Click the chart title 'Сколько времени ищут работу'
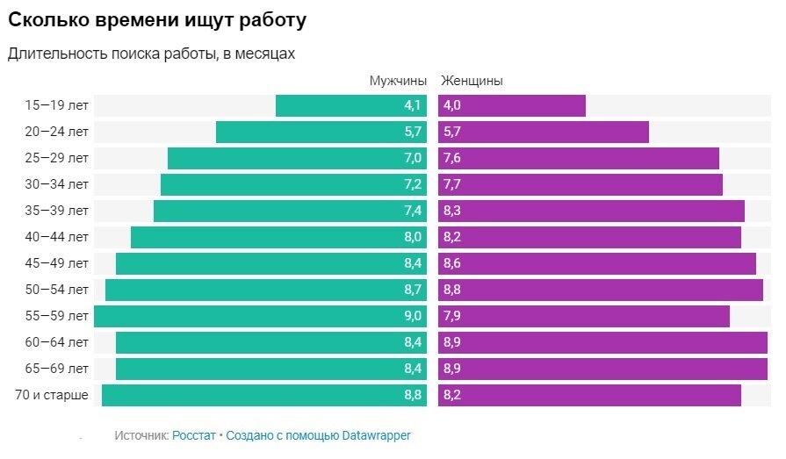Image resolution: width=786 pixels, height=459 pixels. coord(158,18)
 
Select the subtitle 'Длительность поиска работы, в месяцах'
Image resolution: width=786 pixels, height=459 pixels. coord(151,54)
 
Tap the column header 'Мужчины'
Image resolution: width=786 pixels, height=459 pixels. coord(398,81)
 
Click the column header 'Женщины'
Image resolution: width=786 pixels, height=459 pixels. coord(472,81)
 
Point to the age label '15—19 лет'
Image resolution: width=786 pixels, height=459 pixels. coord(57,105)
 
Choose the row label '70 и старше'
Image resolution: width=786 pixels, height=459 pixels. coord(52,395)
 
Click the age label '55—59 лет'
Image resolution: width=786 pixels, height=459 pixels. coord(57,316)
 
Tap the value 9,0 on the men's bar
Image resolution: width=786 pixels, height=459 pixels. coord(413,316)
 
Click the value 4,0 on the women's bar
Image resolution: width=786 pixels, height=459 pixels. coord(452,105)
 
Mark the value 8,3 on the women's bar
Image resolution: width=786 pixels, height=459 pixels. coord(452,211)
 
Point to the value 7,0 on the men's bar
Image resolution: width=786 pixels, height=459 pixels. coord(413,158)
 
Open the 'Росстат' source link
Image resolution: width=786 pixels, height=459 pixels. coord(193,435)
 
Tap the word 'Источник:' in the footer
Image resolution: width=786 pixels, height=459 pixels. coord(141,435)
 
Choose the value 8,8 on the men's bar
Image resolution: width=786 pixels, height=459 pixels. coord(413,395)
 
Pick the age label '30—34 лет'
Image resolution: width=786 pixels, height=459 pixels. coord(57,184)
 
